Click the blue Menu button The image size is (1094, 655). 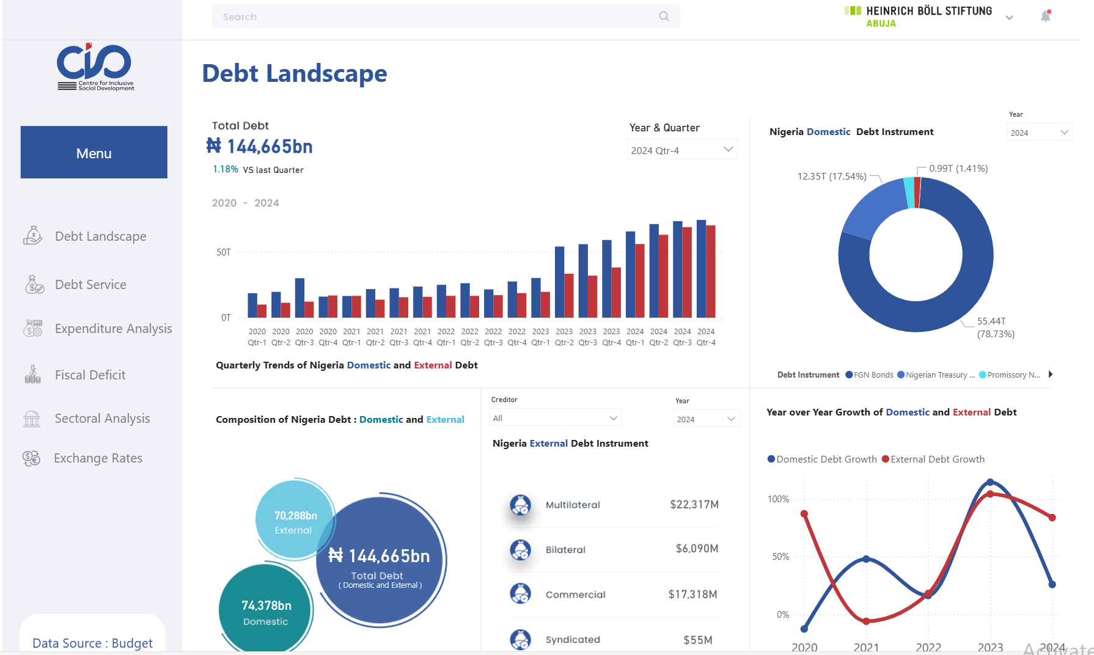coord(94,153)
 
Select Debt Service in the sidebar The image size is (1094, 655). coord(90,285)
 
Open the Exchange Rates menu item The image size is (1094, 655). coord(98,458)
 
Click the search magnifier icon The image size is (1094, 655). coord(664,16)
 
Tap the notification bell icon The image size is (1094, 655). coord(1046,16)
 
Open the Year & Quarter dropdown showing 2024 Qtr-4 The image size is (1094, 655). coord(681,150)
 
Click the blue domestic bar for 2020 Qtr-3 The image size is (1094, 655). coord(299,298)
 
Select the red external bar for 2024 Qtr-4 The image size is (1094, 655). coord(711,271)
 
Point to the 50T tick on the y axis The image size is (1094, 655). coord(224,252)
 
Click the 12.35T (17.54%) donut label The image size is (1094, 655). coord(831,177)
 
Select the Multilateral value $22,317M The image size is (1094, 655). coord(694,505)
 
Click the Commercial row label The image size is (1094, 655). coord(575,595)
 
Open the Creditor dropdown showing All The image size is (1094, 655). coord(555,418)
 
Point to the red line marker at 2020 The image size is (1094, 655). coord(804,514)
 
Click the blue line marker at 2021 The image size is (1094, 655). coord(866,559)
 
